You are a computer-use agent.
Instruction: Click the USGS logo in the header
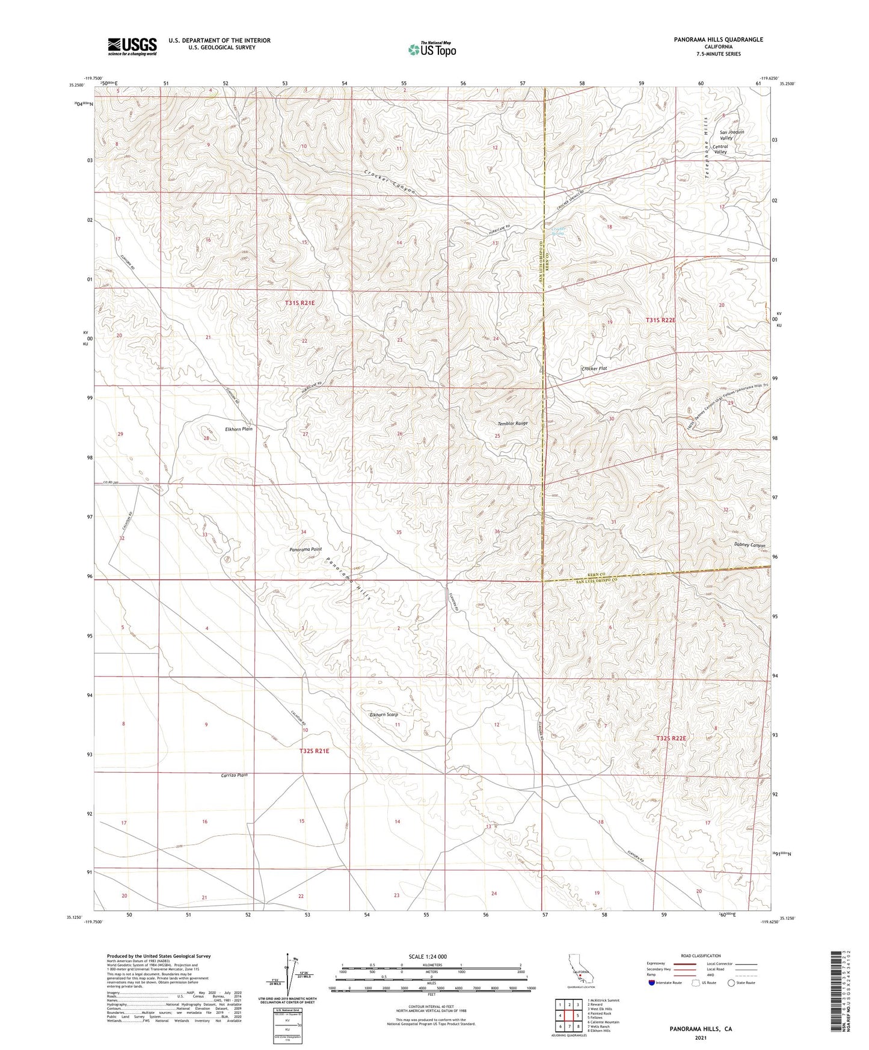(132, 46)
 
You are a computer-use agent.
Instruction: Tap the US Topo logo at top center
(431, 49)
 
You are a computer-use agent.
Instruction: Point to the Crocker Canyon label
(389, 181)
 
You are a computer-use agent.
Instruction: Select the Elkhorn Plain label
(238, 429)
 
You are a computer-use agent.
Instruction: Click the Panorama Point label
(306, 549)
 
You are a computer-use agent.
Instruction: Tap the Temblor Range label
(512, 423)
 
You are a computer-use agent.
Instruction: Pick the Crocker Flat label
(594, 368)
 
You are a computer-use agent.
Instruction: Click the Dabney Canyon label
(749, 545)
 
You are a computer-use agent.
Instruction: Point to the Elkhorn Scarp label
(384, 714)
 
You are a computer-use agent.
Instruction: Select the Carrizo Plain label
(234, 775)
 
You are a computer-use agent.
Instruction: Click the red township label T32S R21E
(315, 751)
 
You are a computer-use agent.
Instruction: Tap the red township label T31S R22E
(660, 321)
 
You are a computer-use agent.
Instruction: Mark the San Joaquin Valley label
(731, 135)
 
